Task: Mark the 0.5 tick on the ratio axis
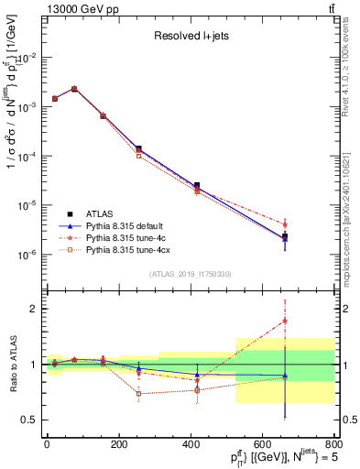29,420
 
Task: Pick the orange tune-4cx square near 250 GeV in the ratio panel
138,394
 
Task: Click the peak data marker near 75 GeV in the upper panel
74,89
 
